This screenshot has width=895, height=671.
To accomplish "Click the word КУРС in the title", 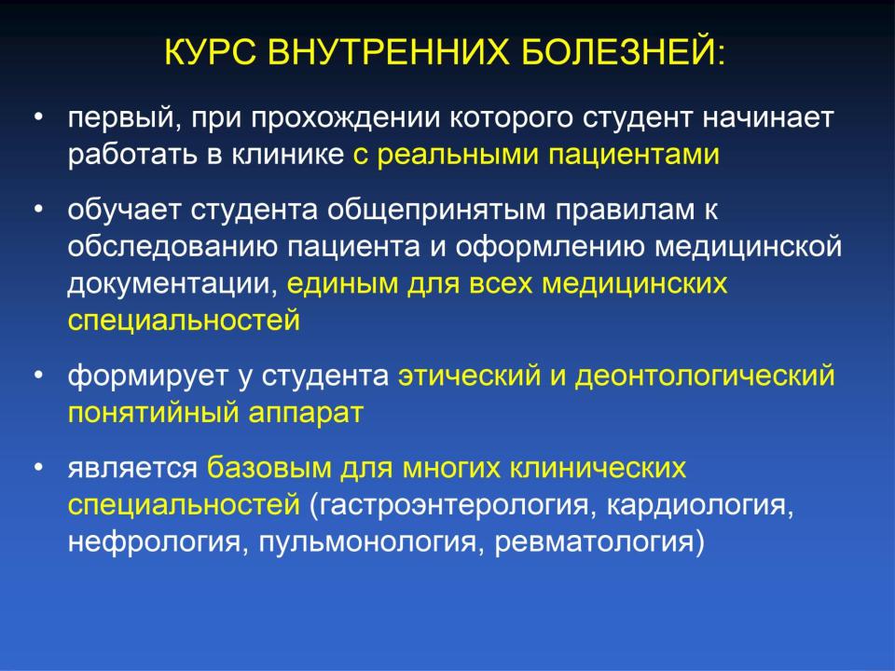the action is point(210,52).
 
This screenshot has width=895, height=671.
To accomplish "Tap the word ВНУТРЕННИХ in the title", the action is point(388,52).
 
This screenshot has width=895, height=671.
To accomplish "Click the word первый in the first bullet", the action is point(124,118).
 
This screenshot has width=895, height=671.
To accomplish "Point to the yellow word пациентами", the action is point(634,155).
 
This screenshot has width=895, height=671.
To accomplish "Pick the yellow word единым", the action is point(342,283).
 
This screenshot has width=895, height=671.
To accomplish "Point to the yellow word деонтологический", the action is point(705,377).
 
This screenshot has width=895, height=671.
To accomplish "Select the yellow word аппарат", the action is point(306,414).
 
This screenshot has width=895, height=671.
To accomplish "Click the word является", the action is point(132,469).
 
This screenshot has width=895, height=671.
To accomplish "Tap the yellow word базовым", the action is point(268,468).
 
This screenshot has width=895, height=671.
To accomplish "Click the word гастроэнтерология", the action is point(452,505).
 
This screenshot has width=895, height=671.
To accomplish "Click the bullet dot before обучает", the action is point(38,211).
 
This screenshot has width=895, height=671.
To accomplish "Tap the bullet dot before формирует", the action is point(38,376).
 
